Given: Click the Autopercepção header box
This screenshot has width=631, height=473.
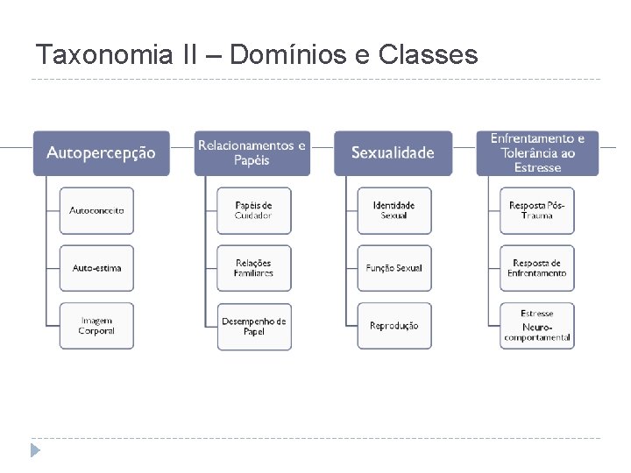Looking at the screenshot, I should [x=101, y=153].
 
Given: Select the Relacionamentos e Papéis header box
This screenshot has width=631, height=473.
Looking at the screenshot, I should [x=252, y=153].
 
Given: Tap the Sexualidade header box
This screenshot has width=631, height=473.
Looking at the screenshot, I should [x=393, y=153].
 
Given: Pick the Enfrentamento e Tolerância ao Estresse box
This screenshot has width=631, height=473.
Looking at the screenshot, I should [x=537, y=153].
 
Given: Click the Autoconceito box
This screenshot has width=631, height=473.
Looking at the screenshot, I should [x=97, y=210].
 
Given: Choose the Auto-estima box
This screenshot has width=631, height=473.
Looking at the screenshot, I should [x=97, y=268].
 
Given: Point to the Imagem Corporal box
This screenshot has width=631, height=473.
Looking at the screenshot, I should [x=97, y=326].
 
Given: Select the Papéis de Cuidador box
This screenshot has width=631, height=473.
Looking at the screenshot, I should [x=254, y=210].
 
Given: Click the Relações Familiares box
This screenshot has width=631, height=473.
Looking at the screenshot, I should [x=254, y=268].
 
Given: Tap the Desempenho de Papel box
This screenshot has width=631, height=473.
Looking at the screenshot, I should [x=254, y=326].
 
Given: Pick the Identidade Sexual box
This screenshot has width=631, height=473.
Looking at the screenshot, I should [x=394, y=210].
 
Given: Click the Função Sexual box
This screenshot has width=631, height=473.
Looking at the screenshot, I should [x=394, y=268].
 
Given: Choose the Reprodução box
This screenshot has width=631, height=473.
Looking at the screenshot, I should [x=394, y=326].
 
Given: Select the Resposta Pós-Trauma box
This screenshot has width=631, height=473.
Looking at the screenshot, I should [x=537, y=210].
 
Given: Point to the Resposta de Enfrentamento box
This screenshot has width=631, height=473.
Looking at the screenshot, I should [x=537, y=268].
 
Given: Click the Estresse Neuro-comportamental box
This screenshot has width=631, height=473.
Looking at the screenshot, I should [x=537, y=326].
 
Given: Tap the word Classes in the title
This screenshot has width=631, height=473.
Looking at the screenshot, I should [x=429, y=55].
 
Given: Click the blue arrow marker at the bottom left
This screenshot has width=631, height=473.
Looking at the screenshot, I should [x=35, y=451].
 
